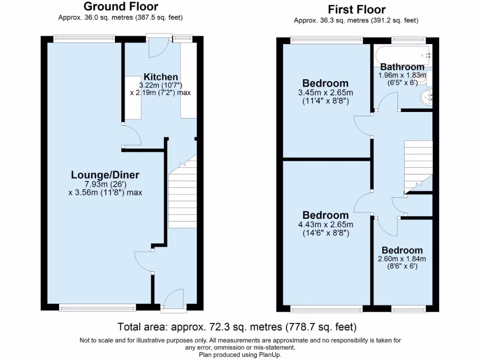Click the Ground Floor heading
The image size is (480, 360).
[120, 7]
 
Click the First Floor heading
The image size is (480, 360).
[356, 9]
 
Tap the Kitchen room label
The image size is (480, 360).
[160, 77]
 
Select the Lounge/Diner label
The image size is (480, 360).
[105, 175]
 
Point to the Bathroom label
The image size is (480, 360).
[402, 67]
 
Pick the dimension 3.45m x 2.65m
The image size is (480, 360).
[326, 92]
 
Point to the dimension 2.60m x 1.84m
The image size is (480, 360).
[402, 259]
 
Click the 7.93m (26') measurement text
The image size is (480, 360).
[105, 184]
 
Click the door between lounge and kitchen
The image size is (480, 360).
[132, 137]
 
